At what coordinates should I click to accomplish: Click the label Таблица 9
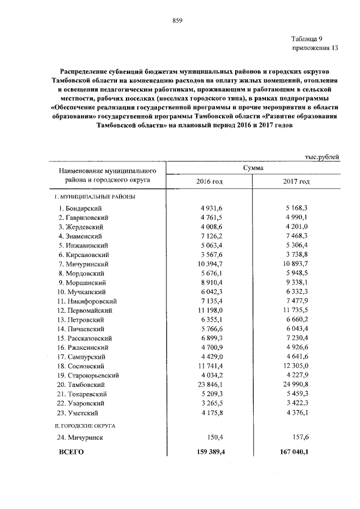[307, 39]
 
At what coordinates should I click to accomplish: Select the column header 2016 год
[209, 182]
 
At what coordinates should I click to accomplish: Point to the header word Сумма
[254, 167]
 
